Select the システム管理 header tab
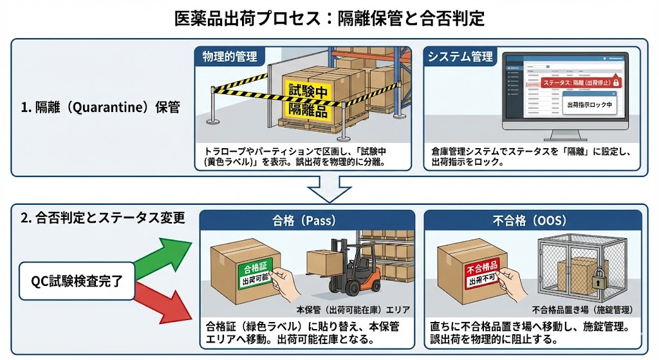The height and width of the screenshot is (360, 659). tap(460, 57)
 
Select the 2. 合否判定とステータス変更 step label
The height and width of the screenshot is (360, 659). tap(103, 218)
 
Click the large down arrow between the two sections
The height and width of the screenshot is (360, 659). tap(329, 190)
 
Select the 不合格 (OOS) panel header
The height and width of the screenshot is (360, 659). tap(530, 220)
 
